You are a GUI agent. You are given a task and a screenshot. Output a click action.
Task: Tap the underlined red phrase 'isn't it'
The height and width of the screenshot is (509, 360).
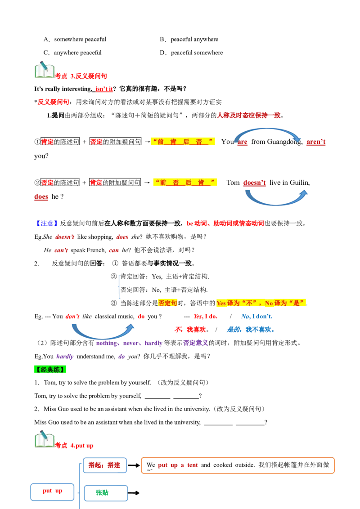104,89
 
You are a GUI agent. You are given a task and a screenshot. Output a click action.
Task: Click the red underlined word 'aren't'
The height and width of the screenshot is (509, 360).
316,142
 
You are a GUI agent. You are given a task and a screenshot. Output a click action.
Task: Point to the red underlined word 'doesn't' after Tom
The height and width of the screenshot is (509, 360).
254,183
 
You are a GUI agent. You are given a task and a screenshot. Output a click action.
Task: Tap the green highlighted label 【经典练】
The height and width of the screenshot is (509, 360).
50,370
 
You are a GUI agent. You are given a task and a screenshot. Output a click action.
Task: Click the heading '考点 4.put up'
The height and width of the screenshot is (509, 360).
74,445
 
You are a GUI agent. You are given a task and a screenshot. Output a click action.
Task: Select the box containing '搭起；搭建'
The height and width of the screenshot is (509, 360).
104,465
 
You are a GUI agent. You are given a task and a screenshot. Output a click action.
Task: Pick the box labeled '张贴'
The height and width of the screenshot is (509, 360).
106,493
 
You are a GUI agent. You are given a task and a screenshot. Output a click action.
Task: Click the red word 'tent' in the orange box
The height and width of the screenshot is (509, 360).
192,465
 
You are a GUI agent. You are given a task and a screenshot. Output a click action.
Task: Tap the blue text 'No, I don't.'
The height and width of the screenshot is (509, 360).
256,316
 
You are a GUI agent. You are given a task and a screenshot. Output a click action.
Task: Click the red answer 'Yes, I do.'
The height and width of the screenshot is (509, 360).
205,316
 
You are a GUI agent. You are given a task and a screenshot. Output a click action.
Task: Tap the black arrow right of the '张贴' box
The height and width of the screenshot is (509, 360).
134,493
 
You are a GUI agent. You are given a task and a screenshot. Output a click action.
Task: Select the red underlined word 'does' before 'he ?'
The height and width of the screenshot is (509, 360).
41,196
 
